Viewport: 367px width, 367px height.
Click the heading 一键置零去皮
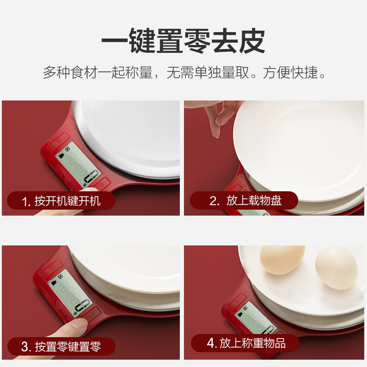183,41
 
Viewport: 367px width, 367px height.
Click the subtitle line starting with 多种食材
184,72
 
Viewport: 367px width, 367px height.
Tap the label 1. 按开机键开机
61,201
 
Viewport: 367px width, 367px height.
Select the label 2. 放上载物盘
245,200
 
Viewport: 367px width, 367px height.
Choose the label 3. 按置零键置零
61,347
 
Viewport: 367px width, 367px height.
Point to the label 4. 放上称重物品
246,343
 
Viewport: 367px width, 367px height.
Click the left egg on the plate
282,260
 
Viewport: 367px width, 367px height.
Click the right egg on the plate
336,267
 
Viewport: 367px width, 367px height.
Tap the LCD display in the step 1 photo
78,164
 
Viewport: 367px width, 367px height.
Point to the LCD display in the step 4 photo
257,318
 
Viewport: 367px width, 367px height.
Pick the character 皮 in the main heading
252,41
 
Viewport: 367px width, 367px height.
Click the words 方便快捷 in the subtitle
290,72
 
